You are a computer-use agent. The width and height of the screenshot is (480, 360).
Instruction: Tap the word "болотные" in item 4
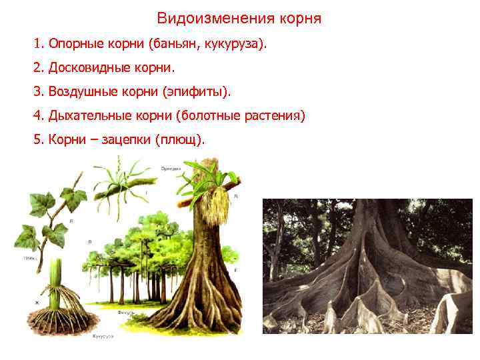(x=211, y=116)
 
